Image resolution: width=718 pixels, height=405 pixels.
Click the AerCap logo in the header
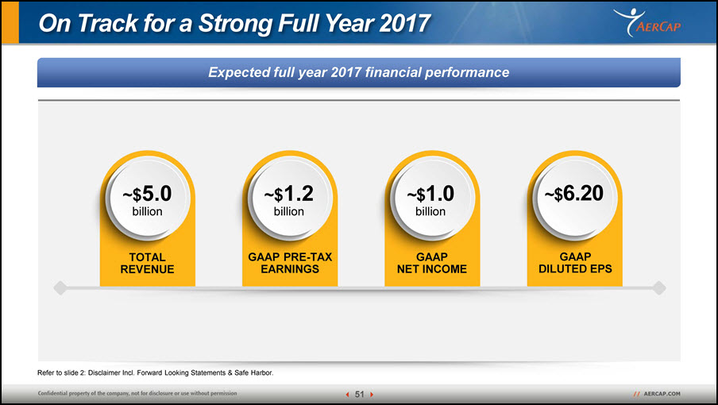(x=647, y=22)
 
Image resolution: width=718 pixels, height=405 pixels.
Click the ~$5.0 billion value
(x=147, y=200)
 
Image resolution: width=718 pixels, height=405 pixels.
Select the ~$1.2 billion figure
(x=289, y=200)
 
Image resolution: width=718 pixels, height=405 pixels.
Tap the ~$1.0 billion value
(x=430, y=200)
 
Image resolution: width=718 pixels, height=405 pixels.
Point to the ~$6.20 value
(x=573, y=193)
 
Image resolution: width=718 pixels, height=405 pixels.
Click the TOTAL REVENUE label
(x=147, y=263)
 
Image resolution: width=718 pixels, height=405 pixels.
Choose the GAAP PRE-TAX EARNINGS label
(x=290, y=263)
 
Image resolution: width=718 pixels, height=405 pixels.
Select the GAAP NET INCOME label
(x=432, y=263)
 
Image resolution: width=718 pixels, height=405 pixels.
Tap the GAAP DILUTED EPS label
(x=575, y=263)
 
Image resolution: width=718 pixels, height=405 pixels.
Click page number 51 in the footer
(x=360, y=394)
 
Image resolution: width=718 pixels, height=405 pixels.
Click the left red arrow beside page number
(x=347, y=395)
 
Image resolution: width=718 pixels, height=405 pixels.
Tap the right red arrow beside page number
(x=372, y=395)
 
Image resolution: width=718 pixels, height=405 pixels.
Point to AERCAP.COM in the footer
(x=662, y=394)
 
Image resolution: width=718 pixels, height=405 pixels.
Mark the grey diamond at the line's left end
(x=60, y=287)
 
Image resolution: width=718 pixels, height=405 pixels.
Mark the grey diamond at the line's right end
(x=659, y=287)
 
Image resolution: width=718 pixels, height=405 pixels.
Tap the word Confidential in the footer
(x=53, y=393)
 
